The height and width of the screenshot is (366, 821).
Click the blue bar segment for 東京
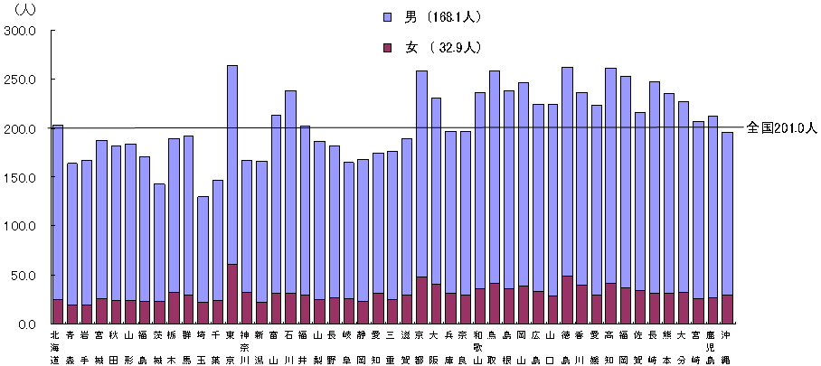pos(232,163)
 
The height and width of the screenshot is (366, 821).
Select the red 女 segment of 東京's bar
pos(232,294)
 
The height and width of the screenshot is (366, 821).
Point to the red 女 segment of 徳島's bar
pos(567,299)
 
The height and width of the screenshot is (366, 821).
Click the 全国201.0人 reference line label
pos(782,128)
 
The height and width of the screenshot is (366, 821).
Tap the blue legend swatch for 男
pos(387,15)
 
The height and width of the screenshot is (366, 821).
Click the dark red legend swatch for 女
pos(387,47)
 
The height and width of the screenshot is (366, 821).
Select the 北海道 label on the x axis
pos(55,348)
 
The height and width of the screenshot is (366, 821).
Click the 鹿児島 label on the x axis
pos(713,348)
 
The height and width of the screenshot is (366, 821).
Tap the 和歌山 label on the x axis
pos(480,348)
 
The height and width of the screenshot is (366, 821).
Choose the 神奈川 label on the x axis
pos(245,348)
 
